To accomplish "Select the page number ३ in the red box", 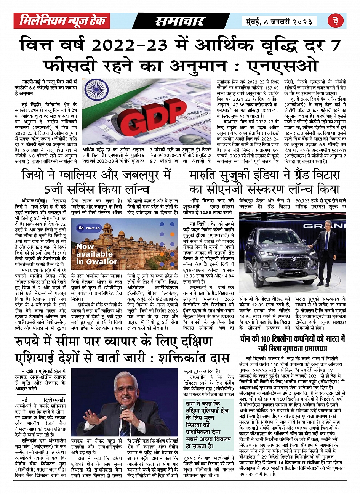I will pos(336,21).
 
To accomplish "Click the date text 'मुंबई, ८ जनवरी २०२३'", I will pos(279,21).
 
